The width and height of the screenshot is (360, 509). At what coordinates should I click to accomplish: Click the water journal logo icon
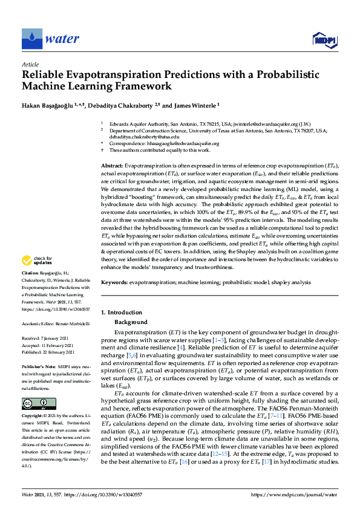[31, 39]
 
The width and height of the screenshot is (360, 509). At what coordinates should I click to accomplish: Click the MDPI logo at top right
[322, 40]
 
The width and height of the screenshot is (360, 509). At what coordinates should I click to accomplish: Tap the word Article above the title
[30, 63]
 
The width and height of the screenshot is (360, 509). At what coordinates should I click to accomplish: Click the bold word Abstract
[111, 165]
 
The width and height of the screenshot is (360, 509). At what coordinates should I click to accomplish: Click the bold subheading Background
[131, 323]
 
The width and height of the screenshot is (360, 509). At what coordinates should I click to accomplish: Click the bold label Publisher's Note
[36, 366]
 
